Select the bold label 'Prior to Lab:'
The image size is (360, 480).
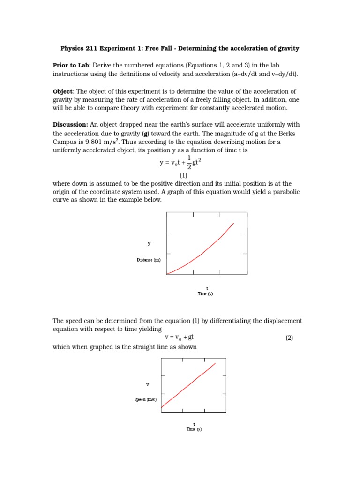coord(71,65)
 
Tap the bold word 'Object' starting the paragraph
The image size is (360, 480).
coord(62,91)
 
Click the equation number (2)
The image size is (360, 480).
coord(289,338)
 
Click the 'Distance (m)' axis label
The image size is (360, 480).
coord(149,260)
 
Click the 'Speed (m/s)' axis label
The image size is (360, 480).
coord(145,399)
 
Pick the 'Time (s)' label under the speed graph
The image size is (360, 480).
coord(194,429)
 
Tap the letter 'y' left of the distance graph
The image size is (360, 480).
coord(149,243)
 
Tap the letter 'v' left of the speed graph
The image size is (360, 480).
coord(147,384)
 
